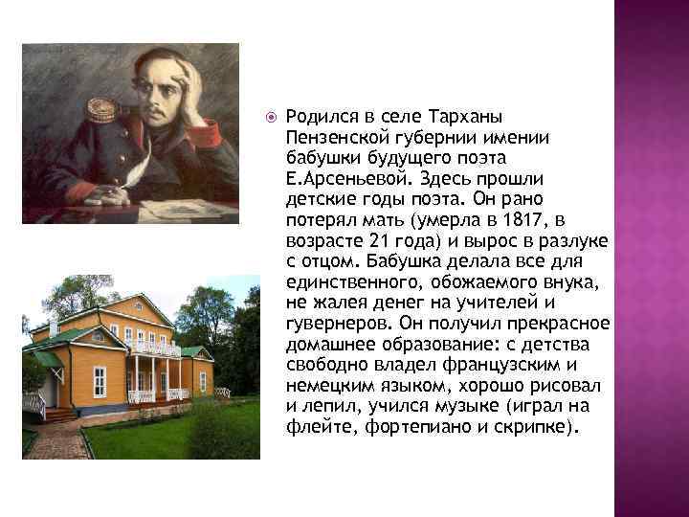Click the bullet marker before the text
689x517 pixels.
coord(272,117)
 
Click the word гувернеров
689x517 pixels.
coord(331,324)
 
